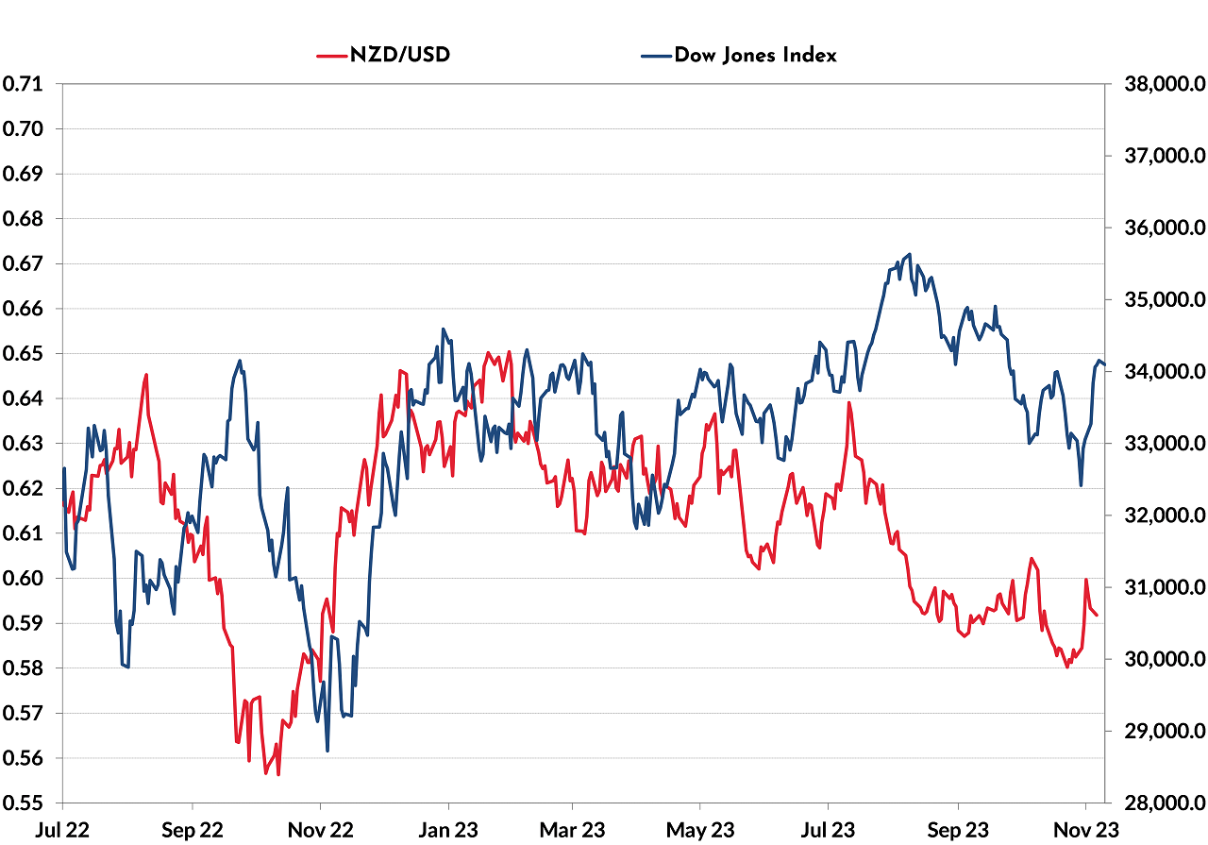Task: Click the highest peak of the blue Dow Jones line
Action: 909,254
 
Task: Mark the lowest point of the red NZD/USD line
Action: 278,774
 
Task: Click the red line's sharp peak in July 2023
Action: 849,403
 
